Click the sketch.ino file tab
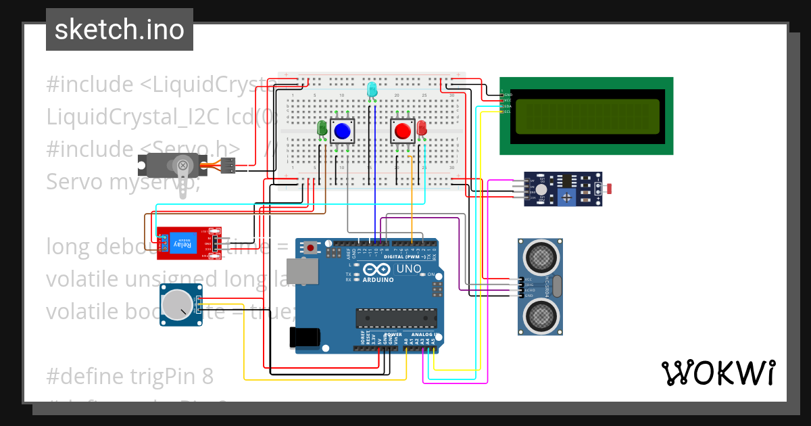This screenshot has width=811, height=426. (119, 30)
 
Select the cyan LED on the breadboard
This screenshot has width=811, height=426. (371, 89)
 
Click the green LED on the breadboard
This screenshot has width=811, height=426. (322, 128)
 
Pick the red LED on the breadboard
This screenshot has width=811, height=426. (422, 128)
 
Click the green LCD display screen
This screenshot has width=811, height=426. (587, 116)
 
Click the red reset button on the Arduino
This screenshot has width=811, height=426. (310, 247)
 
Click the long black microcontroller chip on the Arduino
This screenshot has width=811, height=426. (396, 318)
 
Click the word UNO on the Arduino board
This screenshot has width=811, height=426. (408, 268)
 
